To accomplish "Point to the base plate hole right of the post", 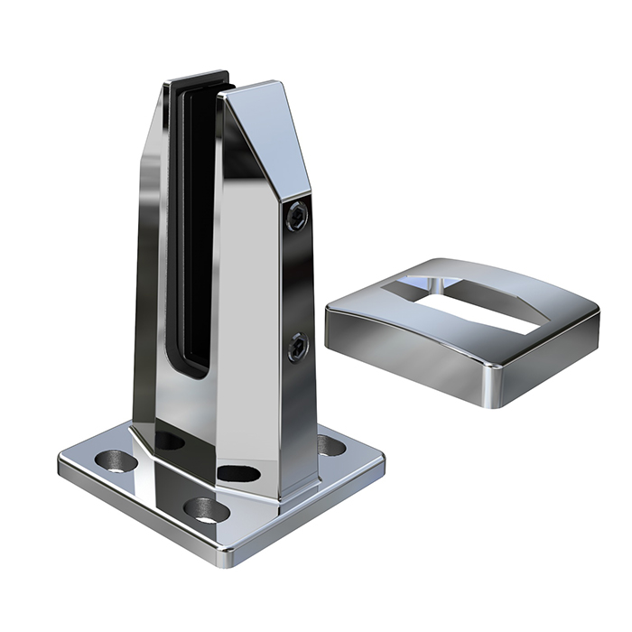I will [332, 445].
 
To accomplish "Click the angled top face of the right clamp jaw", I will [271, 135].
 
